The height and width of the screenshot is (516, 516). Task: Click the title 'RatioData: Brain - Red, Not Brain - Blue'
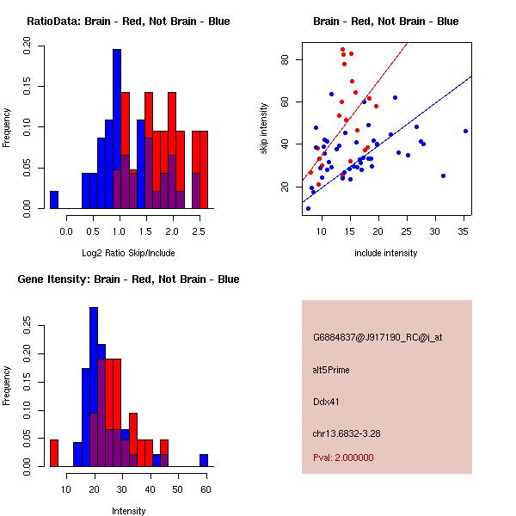[128, 21]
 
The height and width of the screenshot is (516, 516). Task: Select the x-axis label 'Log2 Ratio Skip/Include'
[128, 254]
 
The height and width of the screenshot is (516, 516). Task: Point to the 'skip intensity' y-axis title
[265, 129]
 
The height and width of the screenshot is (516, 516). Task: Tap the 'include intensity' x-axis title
[386, 254]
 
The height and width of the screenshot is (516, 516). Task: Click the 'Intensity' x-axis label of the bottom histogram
[129, 511]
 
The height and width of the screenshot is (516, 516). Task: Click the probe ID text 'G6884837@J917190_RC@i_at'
[378, 338]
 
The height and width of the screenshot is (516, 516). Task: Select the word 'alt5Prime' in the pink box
[331, 370]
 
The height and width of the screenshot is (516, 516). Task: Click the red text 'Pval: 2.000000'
[343, 458]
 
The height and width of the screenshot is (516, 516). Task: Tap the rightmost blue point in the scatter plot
[465, 131]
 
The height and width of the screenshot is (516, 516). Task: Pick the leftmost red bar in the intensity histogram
[53, 452]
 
